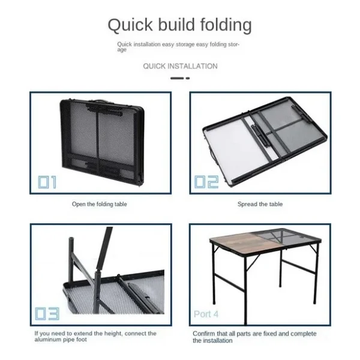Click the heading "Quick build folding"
coord(180,25)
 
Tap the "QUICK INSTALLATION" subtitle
coord(180,67)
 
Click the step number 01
coord(47,182)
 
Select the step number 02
coord(206,182)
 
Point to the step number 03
coord(47,314)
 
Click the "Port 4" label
coord(206,314)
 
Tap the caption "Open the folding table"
coord(100,204)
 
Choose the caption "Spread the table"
coord(260,204)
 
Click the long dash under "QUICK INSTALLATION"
coord(177,78)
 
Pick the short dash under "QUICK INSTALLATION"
coord(188,78)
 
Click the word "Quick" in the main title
coord(130,25)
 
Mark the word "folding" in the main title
coord(226,25)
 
